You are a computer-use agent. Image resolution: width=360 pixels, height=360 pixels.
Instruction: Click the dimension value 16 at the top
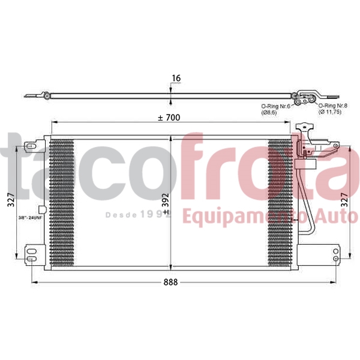coord(176,78)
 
